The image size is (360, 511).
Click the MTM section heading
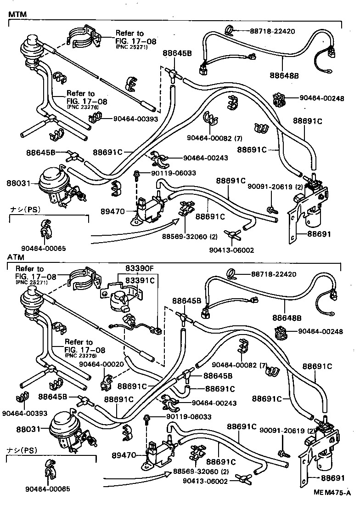(x=17, y=14)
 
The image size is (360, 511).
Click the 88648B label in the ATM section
(x=286, y=317)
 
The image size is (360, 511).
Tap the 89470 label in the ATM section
(x=122, y=455)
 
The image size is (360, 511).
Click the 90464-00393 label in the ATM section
(x=24, y=413)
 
